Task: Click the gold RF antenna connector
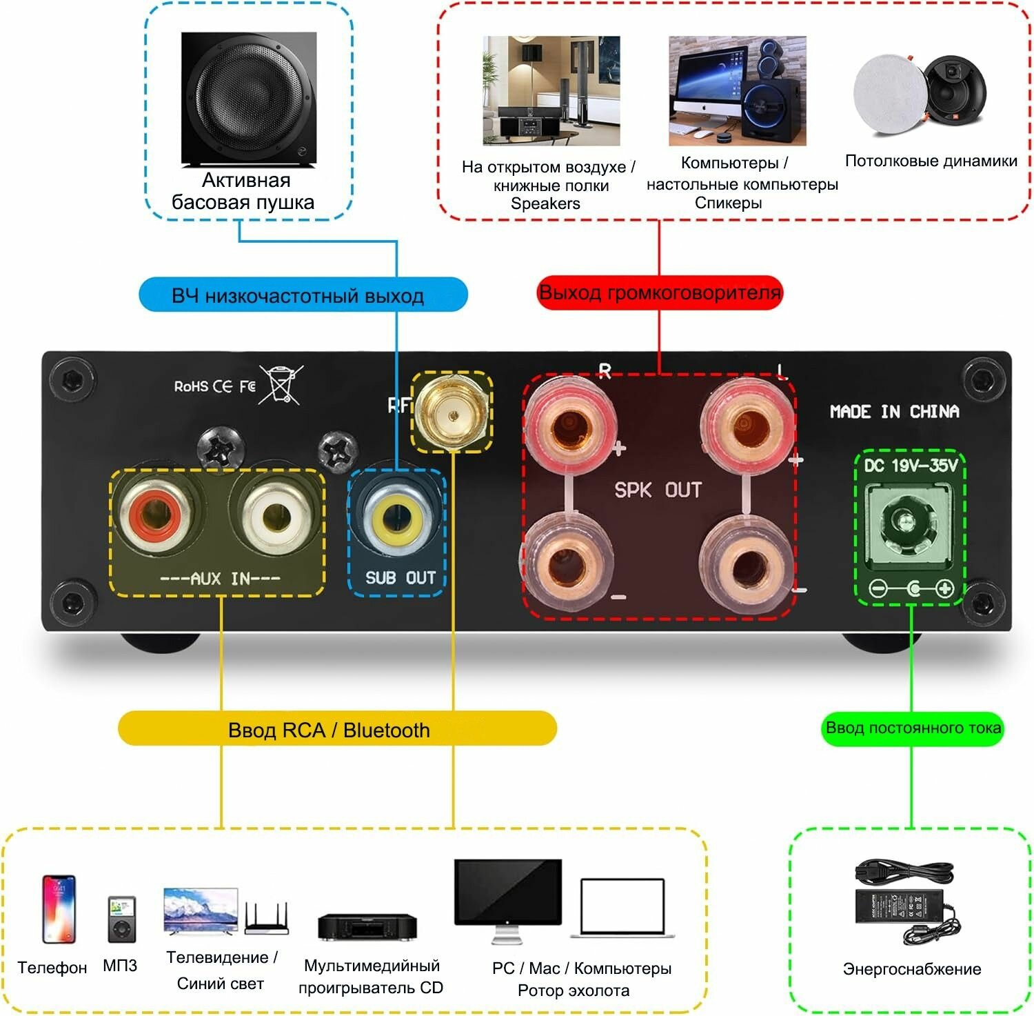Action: tap(452, 413)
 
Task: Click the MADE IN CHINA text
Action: tap(894, 412)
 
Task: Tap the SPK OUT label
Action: tap(658, 490)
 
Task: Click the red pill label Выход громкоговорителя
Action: tap(660, 292)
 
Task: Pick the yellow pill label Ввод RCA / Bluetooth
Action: tap(337, 729)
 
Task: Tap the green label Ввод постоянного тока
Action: tap(913, 728)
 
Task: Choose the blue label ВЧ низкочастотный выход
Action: tap(303, 295)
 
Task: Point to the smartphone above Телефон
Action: tap(59, 909)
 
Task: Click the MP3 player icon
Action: tap(121, 919)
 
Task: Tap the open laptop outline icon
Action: tap(622, 908)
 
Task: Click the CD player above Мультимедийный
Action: tap(367, 926)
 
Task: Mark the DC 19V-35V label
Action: tap(911, 466)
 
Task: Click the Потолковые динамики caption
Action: tap(931, 161)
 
